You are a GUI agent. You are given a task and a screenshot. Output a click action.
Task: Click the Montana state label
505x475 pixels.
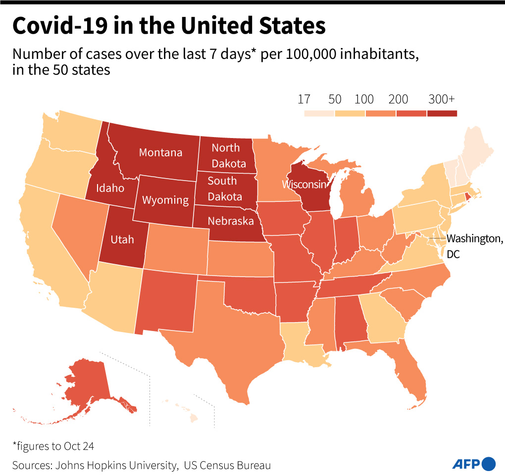click(x=160, y=152)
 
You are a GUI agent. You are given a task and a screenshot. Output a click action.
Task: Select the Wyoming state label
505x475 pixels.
click(x=165, y=200)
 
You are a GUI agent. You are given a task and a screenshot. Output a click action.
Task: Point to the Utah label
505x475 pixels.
click(x=122, y=239)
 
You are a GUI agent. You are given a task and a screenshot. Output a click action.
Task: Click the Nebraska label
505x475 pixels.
click(x=231, y=221)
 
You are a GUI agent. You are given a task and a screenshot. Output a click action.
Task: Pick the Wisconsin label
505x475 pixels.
click(x=304, y=185)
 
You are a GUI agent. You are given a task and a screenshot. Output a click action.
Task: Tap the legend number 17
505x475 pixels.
click(x=303, y=99)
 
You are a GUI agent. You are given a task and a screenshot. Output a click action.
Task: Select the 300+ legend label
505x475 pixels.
click(x=441, y=99)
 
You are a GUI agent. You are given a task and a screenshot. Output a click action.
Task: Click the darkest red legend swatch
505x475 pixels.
click(x=442, y=113)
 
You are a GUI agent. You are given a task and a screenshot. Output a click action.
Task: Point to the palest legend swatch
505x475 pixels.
click(x=319, y=113)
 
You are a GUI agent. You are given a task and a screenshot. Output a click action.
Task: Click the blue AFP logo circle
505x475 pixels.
click(x=488, y=464)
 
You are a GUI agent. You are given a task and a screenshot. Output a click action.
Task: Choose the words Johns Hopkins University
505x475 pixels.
click(x=116, y=465)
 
